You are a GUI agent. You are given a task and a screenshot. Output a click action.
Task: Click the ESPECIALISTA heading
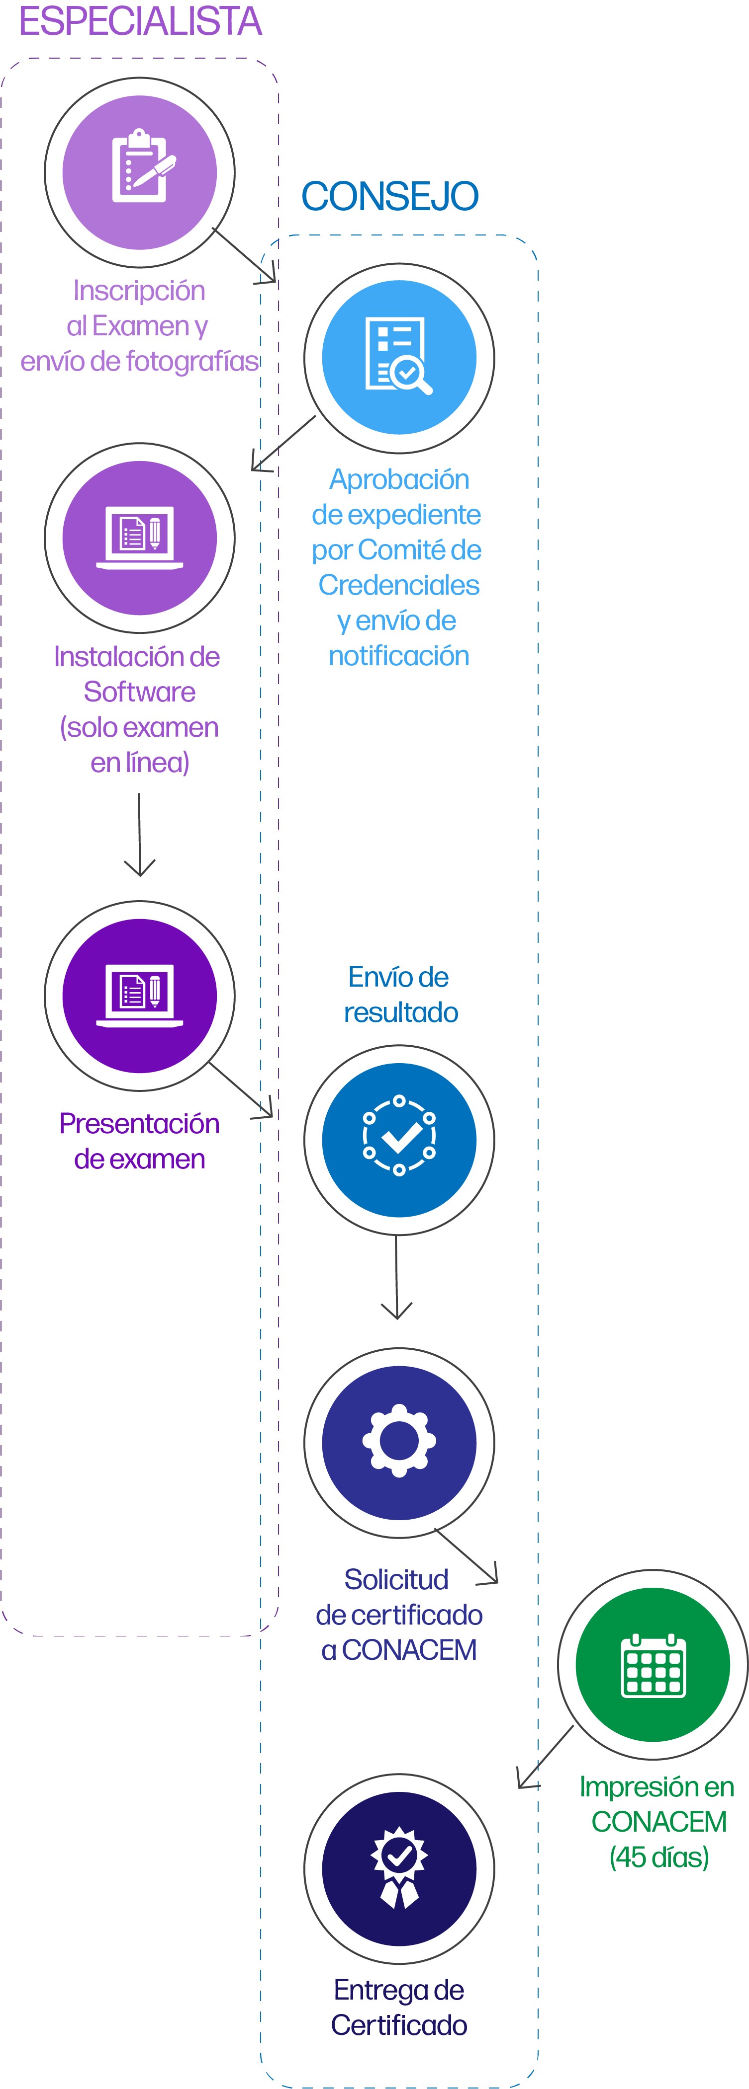coord(140,22)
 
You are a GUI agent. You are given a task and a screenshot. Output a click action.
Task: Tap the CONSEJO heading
coord(389,196)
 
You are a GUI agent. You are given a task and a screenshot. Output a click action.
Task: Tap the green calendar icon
coord(653,1665)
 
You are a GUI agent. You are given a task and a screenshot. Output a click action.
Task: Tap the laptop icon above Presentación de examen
coord(140,995)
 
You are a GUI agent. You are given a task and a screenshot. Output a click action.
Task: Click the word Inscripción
coord(140,290)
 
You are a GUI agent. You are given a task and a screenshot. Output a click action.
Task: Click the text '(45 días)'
coord(659,1857)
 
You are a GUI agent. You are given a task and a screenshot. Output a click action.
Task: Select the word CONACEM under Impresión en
coord(659,1821)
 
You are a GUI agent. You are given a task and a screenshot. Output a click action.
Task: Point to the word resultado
coord(401,1012)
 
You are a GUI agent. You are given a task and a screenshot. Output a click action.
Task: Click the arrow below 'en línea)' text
coord(140,835)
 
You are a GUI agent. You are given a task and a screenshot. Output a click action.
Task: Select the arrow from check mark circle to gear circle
coord(397,1277)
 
